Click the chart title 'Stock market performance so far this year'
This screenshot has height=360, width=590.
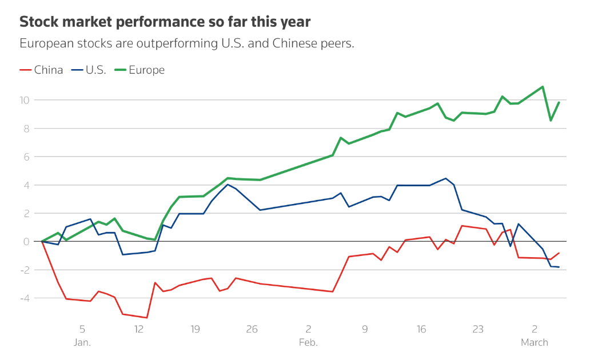click(165, 22)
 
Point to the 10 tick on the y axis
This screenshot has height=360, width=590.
click(24, 100)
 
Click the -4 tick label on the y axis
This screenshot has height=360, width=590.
click(25, 298)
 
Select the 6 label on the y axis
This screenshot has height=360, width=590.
click(26, 157)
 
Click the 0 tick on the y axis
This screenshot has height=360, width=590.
click(26, 242)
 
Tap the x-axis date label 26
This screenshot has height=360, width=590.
click(252, 329)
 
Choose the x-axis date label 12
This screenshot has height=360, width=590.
click(138, 329)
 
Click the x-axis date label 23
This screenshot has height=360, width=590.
click(478, 329)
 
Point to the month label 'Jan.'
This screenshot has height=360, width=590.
click(82, 343)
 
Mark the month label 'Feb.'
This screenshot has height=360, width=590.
click(308, 343)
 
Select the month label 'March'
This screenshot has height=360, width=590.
click(534, 343)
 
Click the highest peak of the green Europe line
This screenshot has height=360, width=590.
click(542, 87)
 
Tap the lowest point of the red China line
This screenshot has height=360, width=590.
click(147, 318)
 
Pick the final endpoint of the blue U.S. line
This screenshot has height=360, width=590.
click(559, 267)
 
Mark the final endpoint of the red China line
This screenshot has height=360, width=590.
click(559, 253)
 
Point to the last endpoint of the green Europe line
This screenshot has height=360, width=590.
click(559, 102)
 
